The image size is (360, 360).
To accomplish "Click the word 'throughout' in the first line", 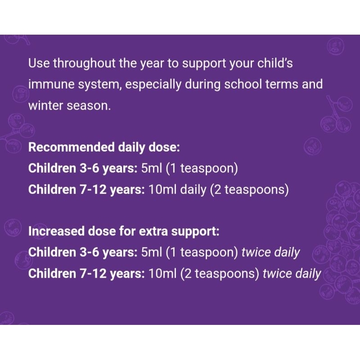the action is tap(84, 63).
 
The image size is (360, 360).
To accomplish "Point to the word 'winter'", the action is tap(46, 106).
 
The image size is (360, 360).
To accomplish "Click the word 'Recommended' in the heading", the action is tap(72, 147).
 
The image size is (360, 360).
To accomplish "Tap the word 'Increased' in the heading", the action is tap(56, 231).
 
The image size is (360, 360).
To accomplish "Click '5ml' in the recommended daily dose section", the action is tap(152, 168).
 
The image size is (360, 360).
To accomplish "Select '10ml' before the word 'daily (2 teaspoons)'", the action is tap(162, 189).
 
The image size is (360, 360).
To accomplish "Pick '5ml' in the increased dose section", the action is tap(152, 252).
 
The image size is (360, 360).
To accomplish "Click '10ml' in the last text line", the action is tap(162, 274).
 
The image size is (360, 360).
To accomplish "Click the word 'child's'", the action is tap(275, 63).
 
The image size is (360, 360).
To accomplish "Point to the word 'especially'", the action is tap(153, 85).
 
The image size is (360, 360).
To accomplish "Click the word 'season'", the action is tap(89, 106).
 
